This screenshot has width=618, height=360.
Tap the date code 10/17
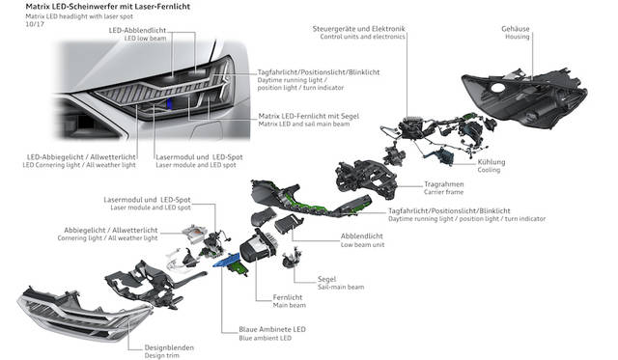coord(35,24)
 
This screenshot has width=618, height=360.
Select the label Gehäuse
coord(516,29)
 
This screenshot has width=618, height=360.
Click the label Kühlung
coord(492,162)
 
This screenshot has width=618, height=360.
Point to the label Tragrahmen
coord(444,184)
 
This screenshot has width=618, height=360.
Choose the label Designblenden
coord(169,347)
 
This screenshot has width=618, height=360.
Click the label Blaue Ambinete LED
coord(272,329)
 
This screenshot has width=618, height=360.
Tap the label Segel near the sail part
coord(326,279)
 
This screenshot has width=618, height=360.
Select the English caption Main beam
coord(290,305)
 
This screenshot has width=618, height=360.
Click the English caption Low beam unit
coord(362,244)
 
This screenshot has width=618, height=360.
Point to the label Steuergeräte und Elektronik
coord(358,29)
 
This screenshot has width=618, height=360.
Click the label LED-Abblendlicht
coord(137,30)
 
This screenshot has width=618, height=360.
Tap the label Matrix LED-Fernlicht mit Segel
coord(309,116)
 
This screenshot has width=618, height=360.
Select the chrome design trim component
coord(84,314)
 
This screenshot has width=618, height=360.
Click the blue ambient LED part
coord(226,261)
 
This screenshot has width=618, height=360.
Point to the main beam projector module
coord(259,246)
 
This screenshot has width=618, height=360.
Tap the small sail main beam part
coord(292,258)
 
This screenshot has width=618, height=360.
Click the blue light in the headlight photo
coord(170,103)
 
